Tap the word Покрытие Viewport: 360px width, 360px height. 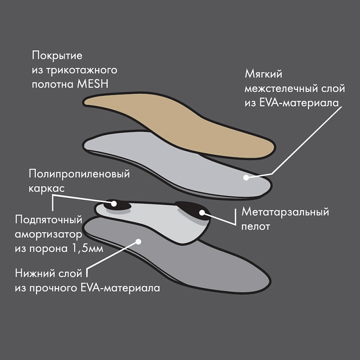58,56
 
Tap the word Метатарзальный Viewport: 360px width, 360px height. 286,212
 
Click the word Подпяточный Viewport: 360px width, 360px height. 49,220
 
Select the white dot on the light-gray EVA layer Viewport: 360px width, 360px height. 246,177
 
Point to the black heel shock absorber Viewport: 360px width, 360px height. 112,204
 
